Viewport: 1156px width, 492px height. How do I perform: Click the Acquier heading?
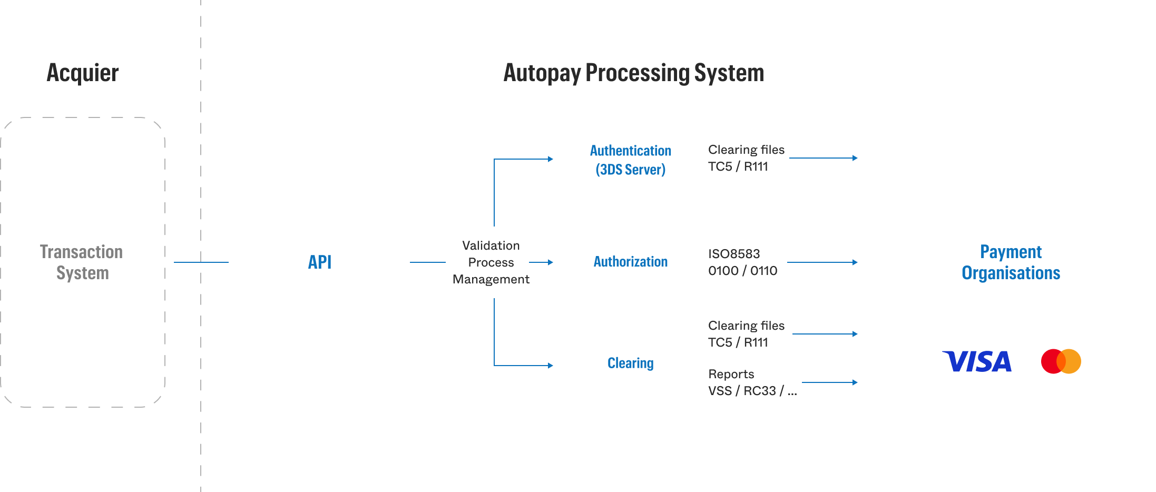point(83,73)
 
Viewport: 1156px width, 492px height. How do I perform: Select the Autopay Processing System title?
point(633,73)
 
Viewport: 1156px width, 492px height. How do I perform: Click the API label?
point(320,262)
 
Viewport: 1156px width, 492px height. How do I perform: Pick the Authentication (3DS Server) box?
point(630,160)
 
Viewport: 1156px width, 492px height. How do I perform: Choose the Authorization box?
point(630,262)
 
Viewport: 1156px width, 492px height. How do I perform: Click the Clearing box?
point(630,363)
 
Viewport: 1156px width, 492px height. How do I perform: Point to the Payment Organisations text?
point(1011,262)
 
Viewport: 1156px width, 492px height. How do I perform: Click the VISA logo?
point(977,362)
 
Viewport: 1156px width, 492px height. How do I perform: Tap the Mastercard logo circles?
point(1061,361)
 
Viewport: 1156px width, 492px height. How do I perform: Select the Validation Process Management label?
point(491,262)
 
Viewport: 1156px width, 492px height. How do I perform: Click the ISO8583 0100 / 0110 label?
point(742,262)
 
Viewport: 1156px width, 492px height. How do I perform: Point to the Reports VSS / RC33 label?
point(752,382)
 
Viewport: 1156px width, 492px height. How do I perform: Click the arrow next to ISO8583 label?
point(822,262)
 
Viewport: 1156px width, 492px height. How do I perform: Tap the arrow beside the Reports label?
point(830,382)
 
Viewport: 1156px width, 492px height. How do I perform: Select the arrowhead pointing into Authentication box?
point(551,159)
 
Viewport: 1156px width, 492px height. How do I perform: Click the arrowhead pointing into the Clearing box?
point(551,366)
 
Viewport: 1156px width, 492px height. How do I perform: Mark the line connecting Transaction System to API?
point(201,262)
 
